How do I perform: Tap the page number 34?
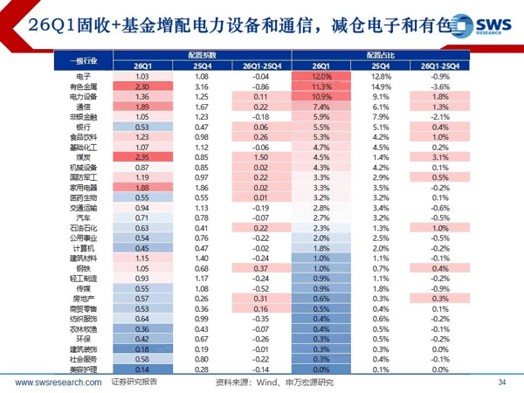501,383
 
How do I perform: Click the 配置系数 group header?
201,55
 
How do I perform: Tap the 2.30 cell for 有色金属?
144,87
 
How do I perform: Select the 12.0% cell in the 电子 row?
324,77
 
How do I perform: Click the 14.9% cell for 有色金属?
380,87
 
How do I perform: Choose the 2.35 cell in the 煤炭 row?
144,157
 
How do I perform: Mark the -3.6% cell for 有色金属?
439,87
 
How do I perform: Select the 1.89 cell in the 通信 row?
144,107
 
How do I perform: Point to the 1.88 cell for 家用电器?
144,187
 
